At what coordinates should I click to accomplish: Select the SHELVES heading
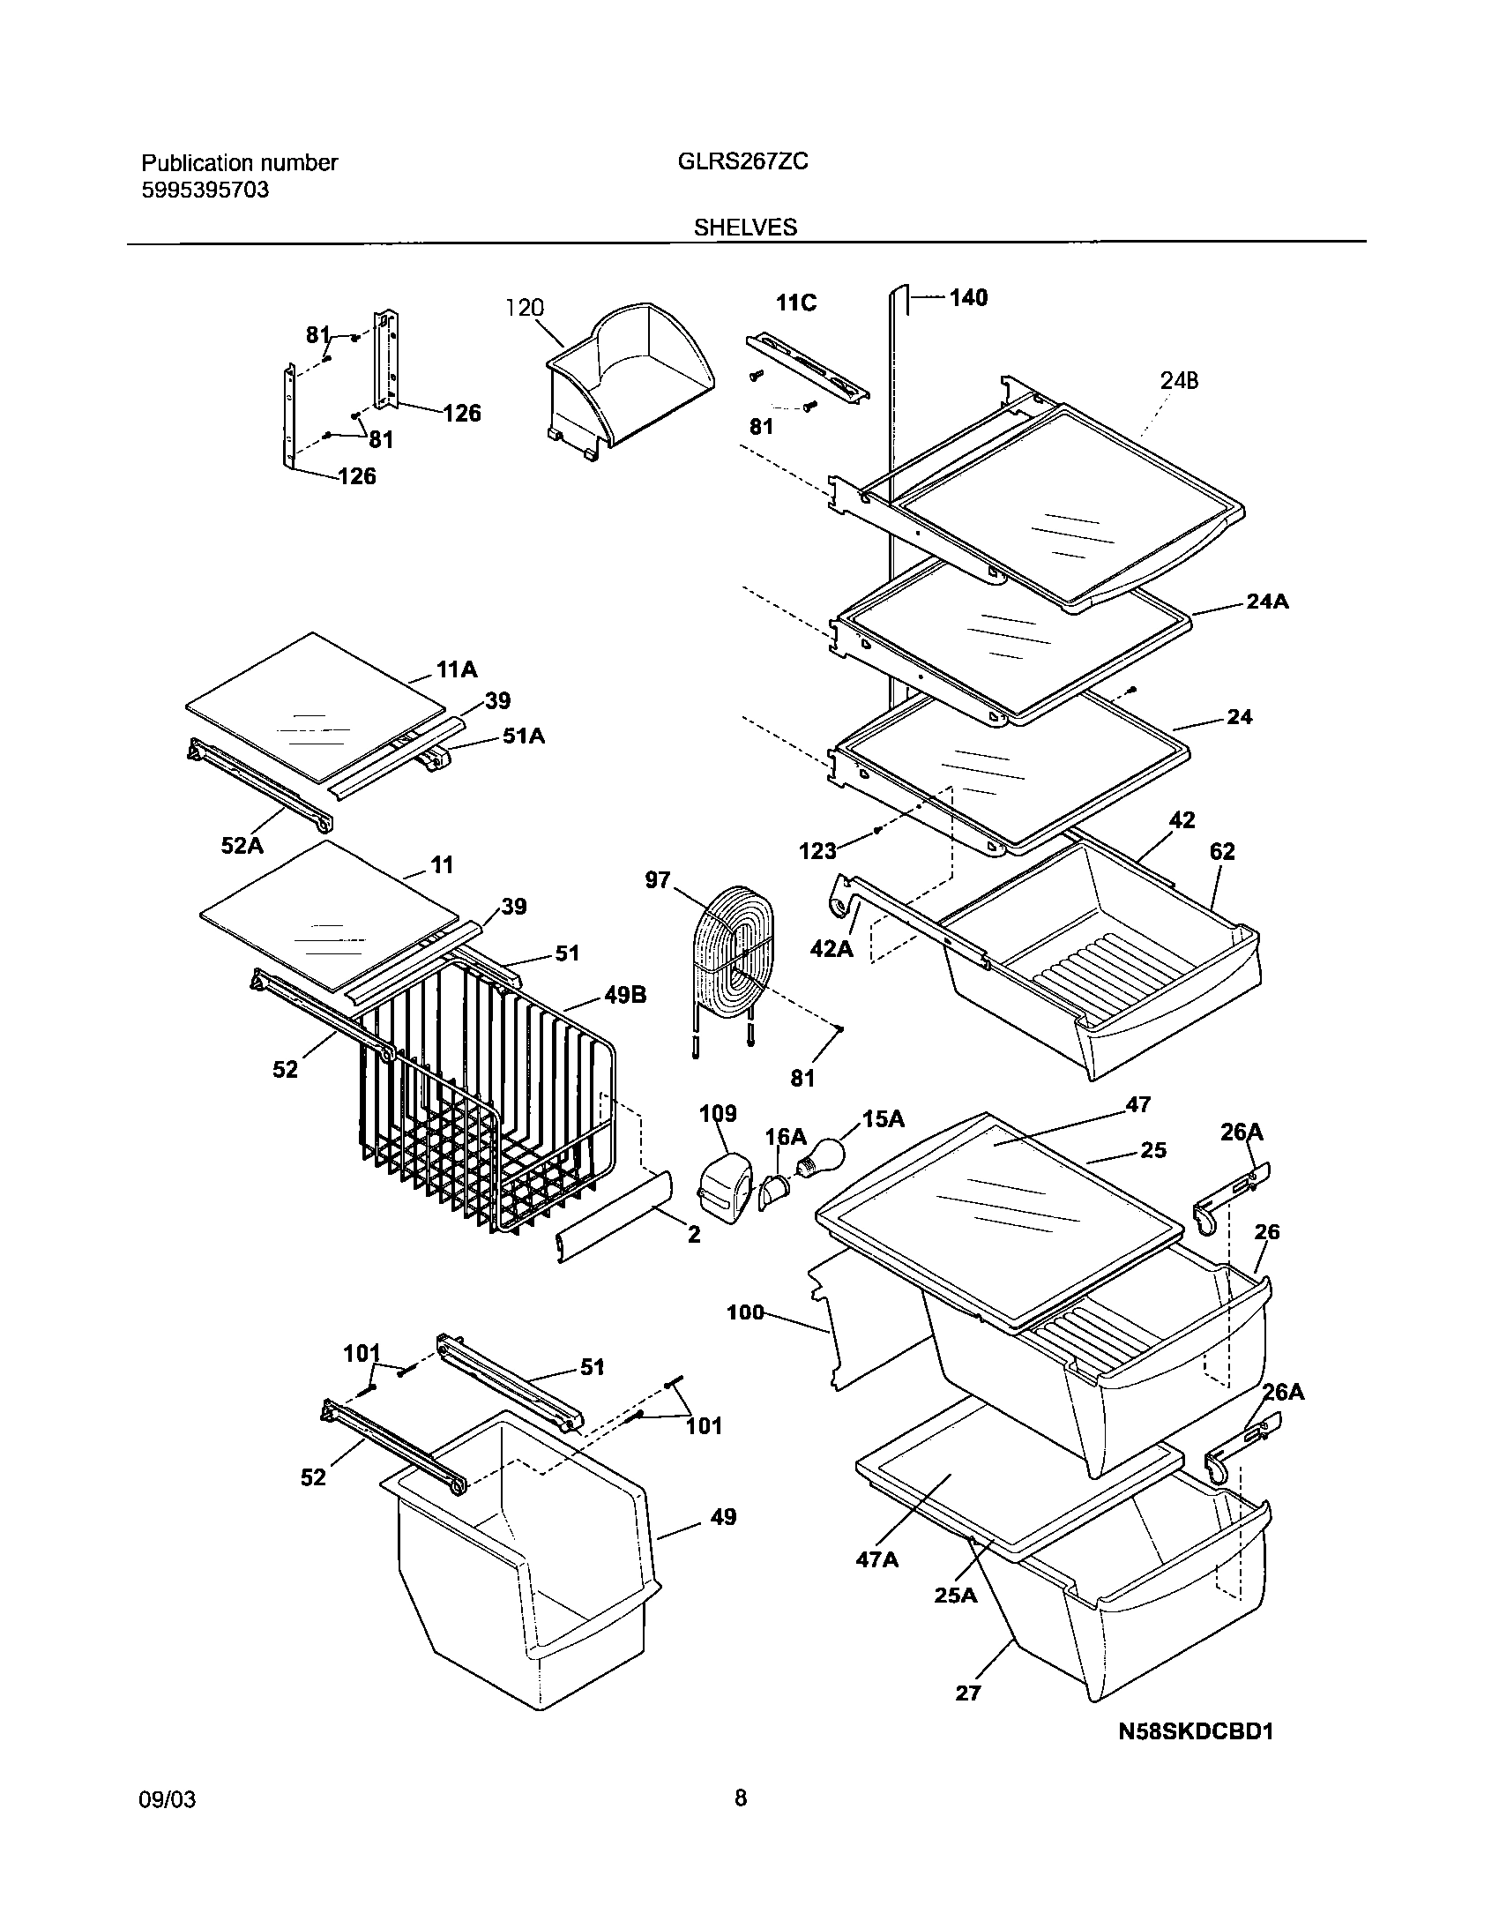tap(744, 228)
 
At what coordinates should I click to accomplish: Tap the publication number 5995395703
tap(205, 190)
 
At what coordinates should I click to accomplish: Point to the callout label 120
tap(525, 308)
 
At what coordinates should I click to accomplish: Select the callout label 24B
tap(1179, 381)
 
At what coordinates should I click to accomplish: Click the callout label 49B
tap(625, 996)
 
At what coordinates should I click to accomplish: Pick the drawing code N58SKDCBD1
tap(1196, 1731)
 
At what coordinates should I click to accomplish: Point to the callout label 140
tap(968, 298)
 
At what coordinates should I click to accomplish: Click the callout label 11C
tap(796, 303)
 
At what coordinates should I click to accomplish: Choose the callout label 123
tap(817, 850)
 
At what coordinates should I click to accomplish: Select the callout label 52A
tap(242, 846)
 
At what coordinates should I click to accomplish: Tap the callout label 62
tap(1222, 851)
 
